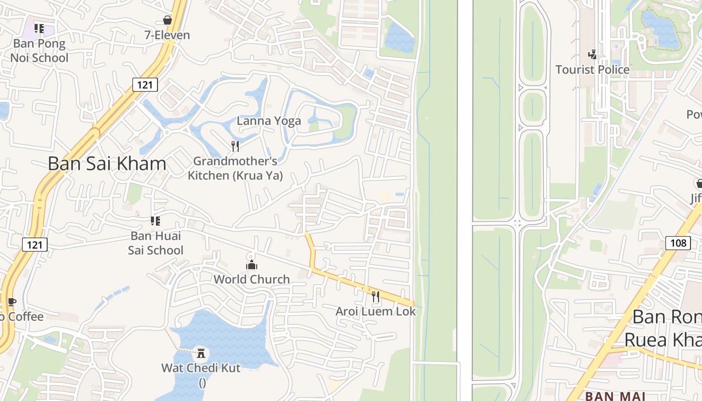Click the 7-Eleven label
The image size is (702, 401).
[167, 35]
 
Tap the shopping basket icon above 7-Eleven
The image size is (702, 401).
[167, 20]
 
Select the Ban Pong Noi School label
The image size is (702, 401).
[39, 51]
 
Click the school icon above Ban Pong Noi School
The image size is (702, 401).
[39, 28]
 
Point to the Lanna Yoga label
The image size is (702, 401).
[269, 121]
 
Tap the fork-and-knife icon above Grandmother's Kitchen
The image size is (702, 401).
[235, 146]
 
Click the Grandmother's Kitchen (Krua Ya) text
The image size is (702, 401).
[235, 168]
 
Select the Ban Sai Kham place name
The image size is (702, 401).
[107, 163]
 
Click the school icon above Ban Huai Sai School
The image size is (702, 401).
[155, 221]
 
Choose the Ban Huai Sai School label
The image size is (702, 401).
[155, 243]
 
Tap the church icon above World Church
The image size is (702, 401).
[251, 264]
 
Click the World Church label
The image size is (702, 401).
[252, 279]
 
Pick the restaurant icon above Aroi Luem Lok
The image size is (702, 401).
[376, 297]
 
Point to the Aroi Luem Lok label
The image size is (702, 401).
[376, 311]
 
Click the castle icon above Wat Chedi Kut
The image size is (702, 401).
[201, 353]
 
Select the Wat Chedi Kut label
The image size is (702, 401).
[201, 368]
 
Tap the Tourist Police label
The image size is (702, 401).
[592, 70]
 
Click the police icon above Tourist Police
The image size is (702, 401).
[592, 54]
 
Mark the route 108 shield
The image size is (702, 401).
[678, 243]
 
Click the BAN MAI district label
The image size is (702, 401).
[615, 396]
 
